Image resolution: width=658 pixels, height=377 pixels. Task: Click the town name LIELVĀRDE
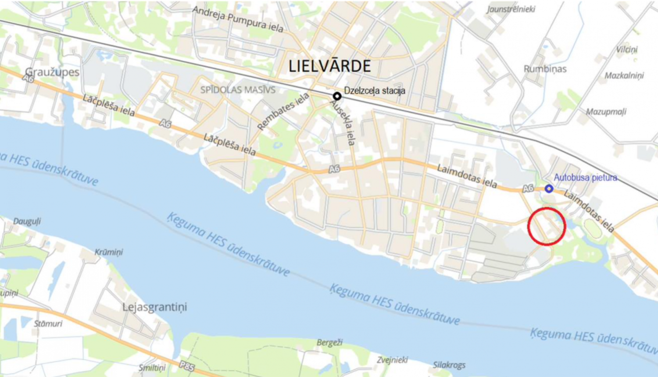(x=329, y=66)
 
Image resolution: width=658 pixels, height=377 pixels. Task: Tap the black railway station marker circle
(x=337, y=96)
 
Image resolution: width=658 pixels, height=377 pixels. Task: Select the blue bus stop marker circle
(x=549, y=188)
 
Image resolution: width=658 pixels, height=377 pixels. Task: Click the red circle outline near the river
(x=546, y=226)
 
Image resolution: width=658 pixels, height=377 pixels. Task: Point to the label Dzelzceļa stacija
(x=374, y=91)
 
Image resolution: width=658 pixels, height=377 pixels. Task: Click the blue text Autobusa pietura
(x=585, y=178)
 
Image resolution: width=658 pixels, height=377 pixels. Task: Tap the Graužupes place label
(x=52, y=72)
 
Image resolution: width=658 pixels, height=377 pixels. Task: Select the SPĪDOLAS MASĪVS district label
(x=238, y=90)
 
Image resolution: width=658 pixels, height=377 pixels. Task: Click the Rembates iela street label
(x=283, y=111)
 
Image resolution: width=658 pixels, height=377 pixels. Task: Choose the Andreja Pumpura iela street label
(x=238, y=19)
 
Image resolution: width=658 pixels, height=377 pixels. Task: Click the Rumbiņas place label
(x=545, y=69)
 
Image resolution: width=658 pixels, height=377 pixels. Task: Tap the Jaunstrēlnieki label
(x=511, y=9)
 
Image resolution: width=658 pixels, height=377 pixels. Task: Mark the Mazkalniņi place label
(x=624, y=76)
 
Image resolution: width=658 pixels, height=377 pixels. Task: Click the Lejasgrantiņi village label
(x=154, y=307)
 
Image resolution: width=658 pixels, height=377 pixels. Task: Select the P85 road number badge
(x=187, y=366)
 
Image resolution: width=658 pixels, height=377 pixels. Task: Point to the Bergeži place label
(x=329, y=342)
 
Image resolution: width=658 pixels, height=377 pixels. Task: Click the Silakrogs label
(x=449, y=365)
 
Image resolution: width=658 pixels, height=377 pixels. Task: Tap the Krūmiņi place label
(x=109, y=252)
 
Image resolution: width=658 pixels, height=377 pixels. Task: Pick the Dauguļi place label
(x=27, y=221)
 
